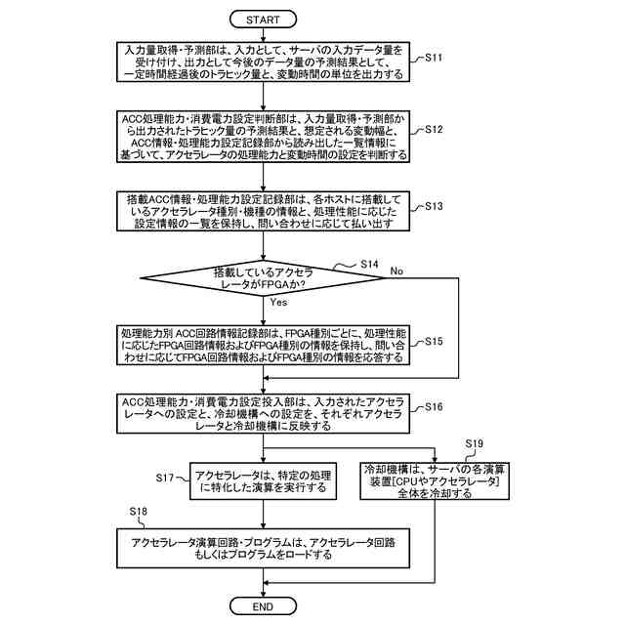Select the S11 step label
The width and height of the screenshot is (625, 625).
click(434, 58)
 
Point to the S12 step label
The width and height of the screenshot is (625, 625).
click(434, 129)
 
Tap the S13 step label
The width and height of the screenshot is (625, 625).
click(434, 206)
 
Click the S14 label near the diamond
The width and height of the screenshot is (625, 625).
click(369, 264)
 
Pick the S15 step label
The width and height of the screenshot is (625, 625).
click(434, 342)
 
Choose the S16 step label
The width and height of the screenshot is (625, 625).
click(434, 405)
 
